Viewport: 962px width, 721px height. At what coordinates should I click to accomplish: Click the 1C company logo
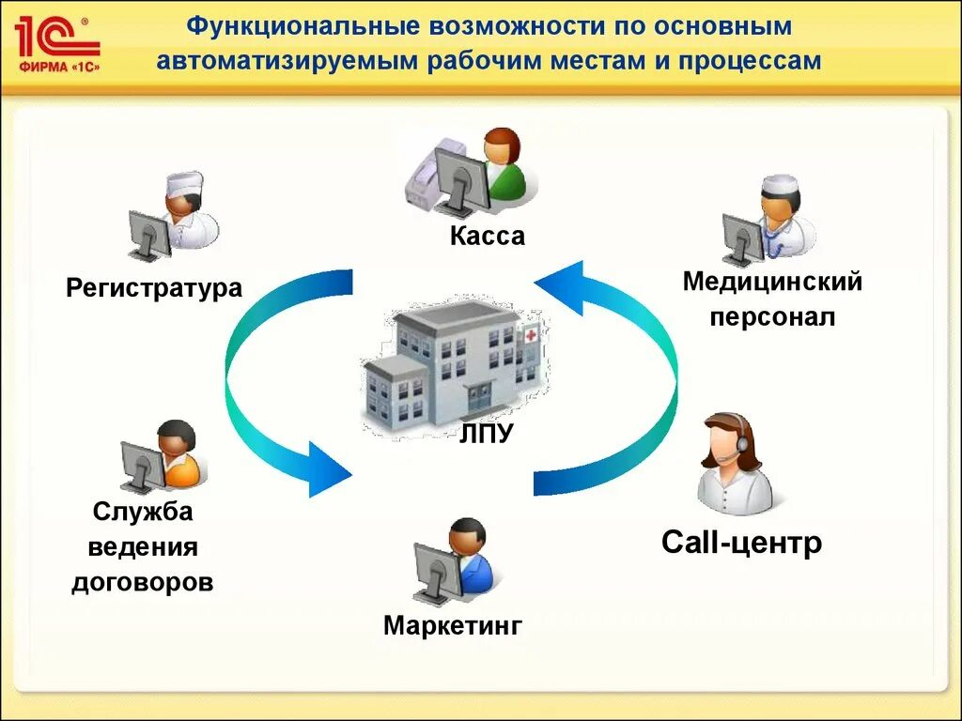[56, 43]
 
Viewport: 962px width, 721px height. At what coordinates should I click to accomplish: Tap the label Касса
[487, 237]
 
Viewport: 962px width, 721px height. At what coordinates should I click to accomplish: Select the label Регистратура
[154, 287]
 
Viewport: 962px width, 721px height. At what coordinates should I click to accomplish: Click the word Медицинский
[772, 281]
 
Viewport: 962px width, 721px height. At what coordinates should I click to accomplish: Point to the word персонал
[772, 317]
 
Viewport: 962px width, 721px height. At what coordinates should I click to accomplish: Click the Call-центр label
[741, 543]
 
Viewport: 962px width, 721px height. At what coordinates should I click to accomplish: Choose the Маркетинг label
[452, 626]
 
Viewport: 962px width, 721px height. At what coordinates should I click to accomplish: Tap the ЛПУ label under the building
[487, 434]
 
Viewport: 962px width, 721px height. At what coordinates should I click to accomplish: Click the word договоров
[143, 582]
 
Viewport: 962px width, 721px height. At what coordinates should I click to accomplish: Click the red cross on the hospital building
[531, 334]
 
